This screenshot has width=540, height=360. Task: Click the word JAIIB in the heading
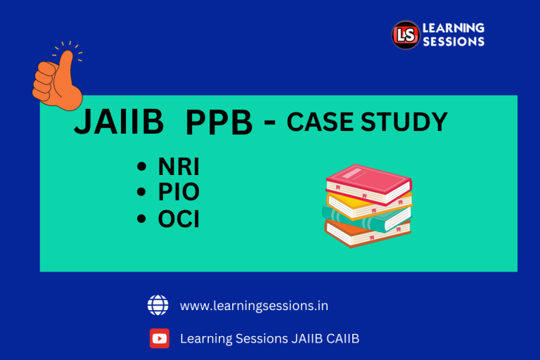tap(119, 123)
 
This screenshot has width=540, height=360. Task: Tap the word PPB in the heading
tap(219, 124)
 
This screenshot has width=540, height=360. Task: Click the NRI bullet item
tap(178, 167)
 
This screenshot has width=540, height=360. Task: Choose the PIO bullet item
tap(179, 193)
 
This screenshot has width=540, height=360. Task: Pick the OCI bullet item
tap(179, 219)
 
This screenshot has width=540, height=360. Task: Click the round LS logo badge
tap(405, 34)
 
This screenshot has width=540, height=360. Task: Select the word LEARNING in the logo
tap(453, 28)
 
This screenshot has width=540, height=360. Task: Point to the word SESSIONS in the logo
tap(453, 41)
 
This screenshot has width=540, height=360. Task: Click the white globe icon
tap(158, 305)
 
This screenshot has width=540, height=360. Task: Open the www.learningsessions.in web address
tap(254, 306)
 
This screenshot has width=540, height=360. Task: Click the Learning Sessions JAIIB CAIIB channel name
tap(270, 339)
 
